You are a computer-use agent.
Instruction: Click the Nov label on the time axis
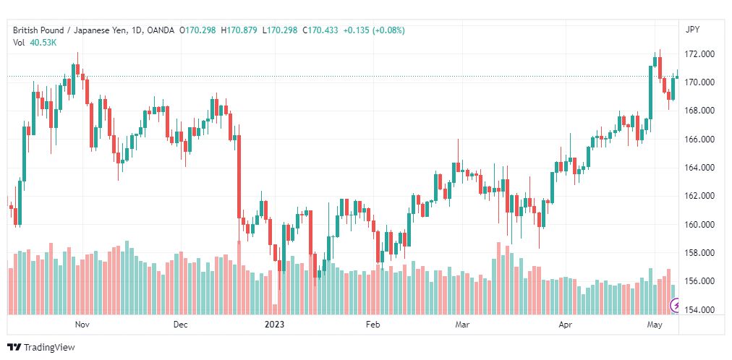tap(82, 325)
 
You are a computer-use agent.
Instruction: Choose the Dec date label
tap(180, 325)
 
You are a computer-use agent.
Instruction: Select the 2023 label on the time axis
tap(275, 325)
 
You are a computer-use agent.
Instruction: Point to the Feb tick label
tap(373, 325)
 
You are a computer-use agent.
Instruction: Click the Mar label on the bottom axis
tap(462, 325)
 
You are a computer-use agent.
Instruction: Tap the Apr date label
tap(566, 325)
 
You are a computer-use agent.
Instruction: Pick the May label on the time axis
tap(655, 325)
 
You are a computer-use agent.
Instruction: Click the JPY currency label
tap(692, 30)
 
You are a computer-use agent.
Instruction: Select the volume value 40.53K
tap(43, 43)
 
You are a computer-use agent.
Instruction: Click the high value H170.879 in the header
tap(239, 30)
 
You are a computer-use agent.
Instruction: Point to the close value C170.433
tap(320, 30)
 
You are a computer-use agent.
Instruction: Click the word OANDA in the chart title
tap(160, 30)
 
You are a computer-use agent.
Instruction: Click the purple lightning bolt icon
tap(675, 306)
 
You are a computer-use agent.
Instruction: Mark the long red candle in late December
tap(239, 176)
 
